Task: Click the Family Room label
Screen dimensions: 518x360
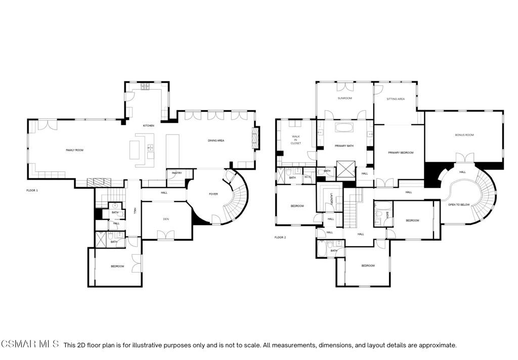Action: pos(75,150)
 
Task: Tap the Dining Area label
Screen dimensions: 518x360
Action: pos(216,141)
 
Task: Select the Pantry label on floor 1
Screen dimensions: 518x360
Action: pos(177,173)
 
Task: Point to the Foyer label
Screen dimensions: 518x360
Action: pos(213,194)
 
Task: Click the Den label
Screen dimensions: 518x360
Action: pos(166,219)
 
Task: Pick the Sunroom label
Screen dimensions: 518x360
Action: pos(344,98)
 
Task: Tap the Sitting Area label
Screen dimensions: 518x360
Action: pos(396,99)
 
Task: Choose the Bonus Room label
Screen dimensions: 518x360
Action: pos(464,135)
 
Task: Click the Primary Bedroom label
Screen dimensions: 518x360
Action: pos(401,153)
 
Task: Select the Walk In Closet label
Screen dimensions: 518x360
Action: pos(295,140)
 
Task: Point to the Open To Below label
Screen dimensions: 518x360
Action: pos(458,205)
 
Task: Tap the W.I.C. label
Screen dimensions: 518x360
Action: pos(308,176)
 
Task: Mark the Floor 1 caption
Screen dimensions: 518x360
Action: pos(32,191)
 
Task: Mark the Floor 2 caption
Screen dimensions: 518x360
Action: pos(280,238)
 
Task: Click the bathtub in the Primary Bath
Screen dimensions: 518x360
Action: pos(344,128)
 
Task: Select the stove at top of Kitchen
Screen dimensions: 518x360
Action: pos(145,86)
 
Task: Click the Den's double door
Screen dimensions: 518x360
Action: pos(166,235)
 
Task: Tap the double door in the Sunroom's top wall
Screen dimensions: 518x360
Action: pos(345,86)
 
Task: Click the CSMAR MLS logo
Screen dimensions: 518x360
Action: pos(30,344)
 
